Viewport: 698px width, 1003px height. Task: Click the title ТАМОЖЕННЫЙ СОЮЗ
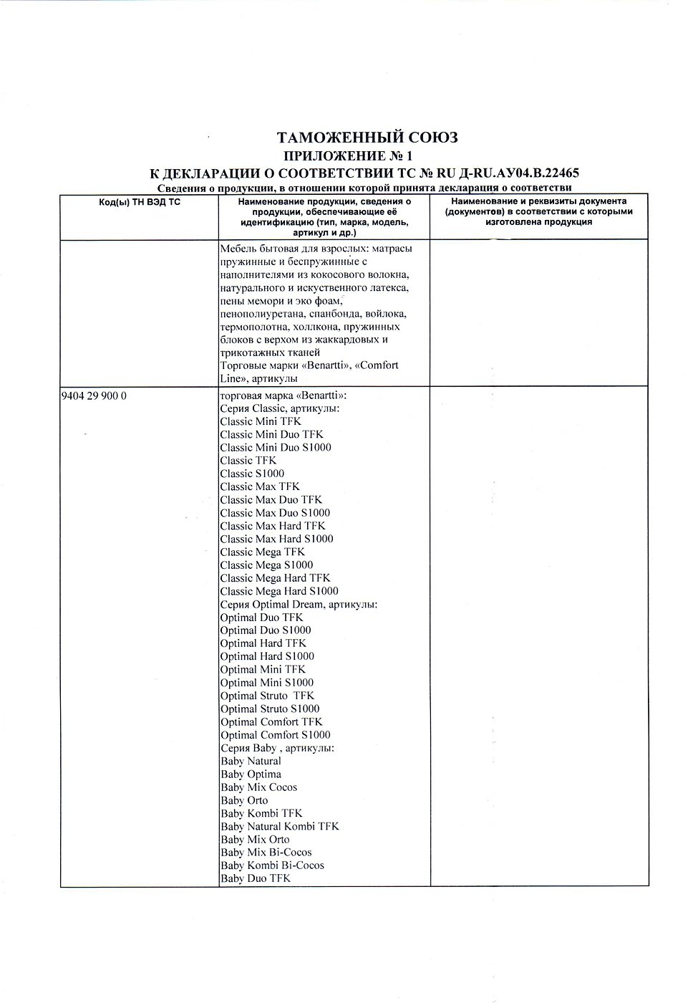coord(367,138)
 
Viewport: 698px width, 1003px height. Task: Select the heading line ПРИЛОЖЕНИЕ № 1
coord(349,155)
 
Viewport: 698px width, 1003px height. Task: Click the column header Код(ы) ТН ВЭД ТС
coord(140,203)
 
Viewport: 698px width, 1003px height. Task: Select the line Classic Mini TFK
coord(261,421)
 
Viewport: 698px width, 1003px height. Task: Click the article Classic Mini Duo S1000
coord(276,448)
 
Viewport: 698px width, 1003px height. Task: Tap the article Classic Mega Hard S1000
coord(279,591)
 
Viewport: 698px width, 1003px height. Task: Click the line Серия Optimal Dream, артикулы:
coord(299,604)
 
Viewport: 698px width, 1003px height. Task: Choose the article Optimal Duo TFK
coord(261,617)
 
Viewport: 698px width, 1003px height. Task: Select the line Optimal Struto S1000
coord(270,709)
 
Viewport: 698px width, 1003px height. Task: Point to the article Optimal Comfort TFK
coord(271,721)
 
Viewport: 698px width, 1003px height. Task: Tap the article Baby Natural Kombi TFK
coord(280,826)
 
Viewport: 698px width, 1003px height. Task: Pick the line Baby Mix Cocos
coord(258,787)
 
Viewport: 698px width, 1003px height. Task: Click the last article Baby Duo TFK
coord(256,878)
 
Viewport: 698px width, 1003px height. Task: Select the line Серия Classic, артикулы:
coord(280,408)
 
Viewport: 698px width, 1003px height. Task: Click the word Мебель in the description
coord(238,248)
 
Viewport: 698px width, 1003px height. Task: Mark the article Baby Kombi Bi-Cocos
coord(272,865)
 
